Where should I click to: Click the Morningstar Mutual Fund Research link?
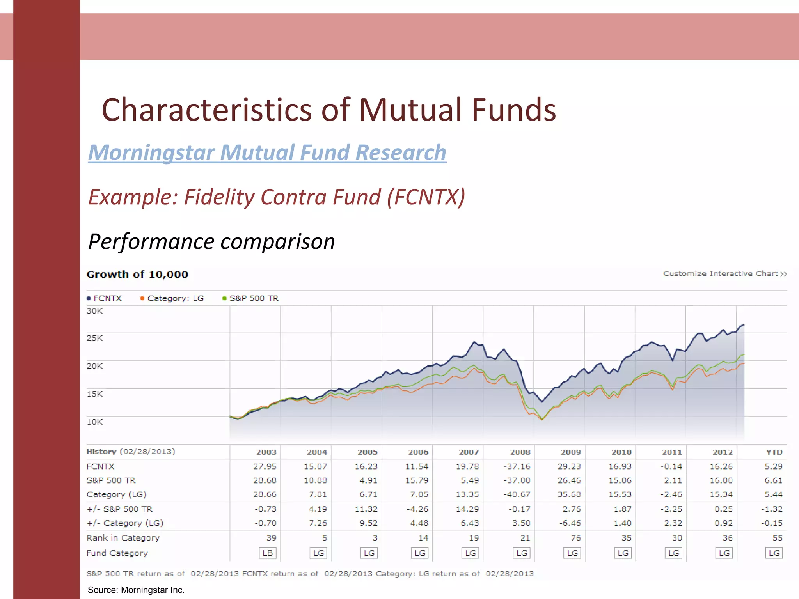click(x=267, y=152)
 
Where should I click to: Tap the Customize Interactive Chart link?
click(x=725, y=274)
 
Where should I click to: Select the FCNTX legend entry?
click(x=104, y=298)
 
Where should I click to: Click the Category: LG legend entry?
click(x=172, y=298)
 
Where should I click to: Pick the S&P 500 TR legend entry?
click(x=250, y=298)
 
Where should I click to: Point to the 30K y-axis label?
click(x=95, y=311)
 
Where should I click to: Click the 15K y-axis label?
click(x=95, y=394)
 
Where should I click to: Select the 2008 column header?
click(x=520, y=452)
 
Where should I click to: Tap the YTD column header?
click(x=774, y=452)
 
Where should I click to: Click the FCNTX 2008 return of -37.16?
click(x=517, y=466)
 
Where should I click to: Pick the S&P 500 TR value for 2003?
click(x=265, y=480)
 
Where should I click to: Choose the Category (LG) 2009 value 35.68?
click(x=569, y=494)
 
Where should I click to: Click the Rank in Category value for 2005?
click(x=375, y=538)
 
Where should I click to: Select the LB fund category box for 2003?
click(x=268, y=553)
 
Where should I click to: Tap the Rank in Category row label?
click(x=123, y=538)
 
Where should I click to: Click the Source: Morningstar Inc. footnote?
click(x=136, y=590)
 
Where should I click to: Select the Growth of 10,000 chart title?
click(x=137, y=275)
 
